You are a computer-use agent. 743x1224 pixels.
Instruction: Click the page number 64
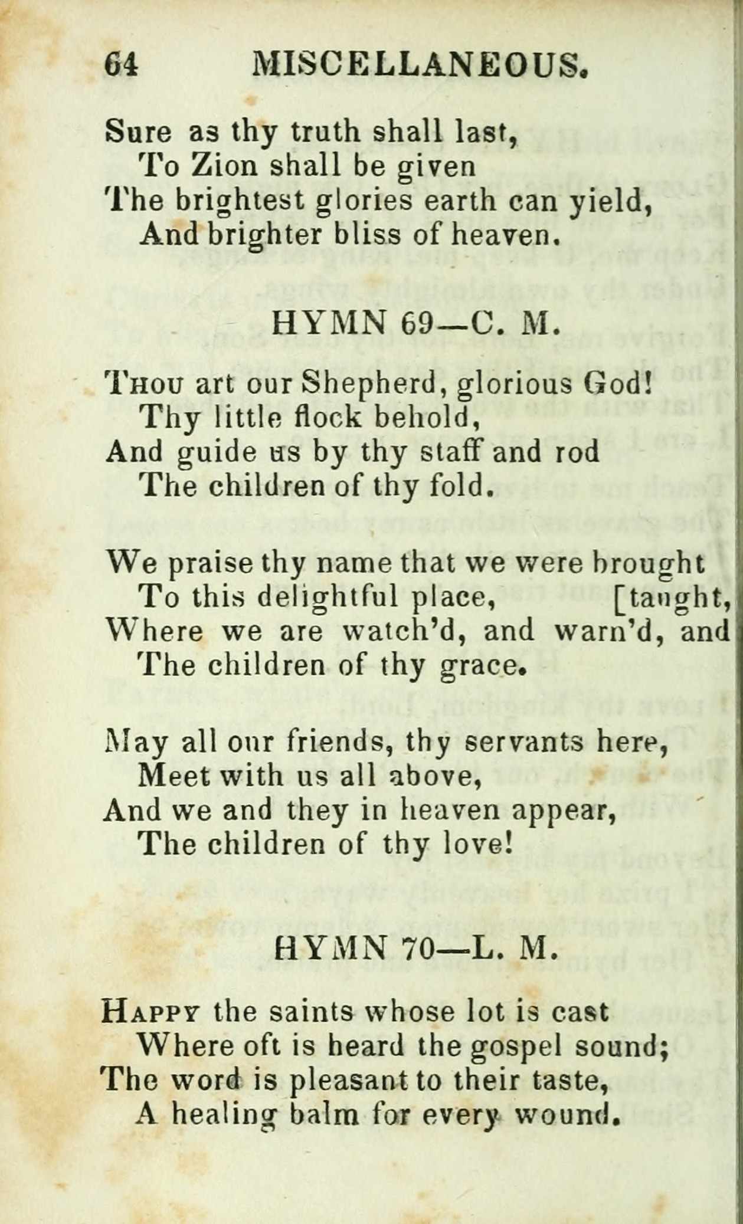[x=122, y=64]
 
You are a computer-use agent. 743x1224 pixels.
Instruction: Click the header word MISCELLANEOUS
[x=420, y=64]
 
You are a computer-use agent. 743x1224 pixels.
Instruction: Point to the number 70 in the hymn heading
[x=417, y=947]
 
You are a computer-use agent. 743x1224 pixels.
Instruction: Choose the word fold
[x=464, y=485]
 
